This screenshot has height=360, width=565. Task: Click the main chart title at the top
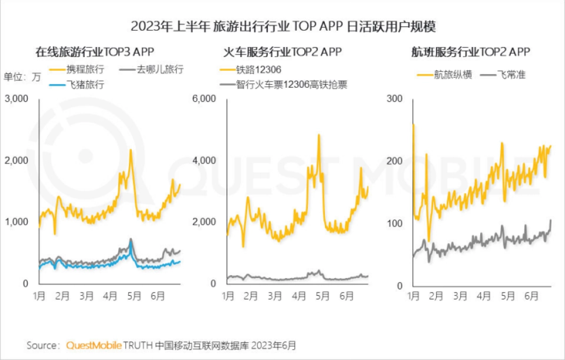pyautogui.click(x=283, y=26)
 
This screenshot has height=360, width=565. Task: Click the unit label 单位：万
pyautogui.click(x=22, y=77)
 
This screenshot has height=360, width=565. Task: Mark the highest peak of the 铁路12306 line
pyautogui.click(x=319, y=135)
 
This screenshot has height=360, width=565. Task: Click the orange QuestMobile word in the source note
pyautogui.click(x=94, y=345)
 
